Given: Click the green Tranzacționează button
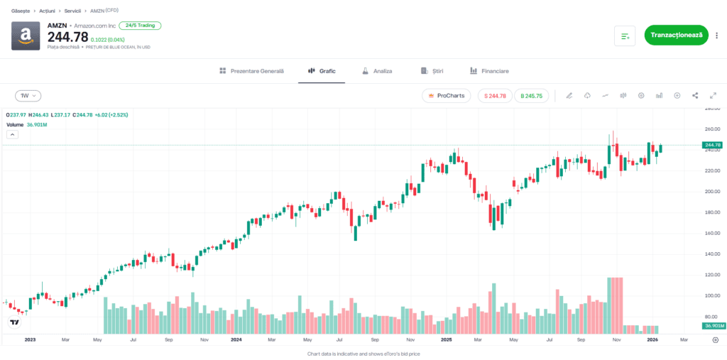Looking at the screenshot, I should click(676, 35).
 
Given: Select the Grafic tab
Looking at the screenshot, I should click(322, 71).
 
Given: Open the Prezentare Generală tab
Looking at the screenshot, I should click(251, 71).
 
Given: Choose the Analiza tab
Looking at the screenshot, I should click(376, 71).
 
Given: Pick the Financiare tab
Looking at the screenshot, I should click(489, 71).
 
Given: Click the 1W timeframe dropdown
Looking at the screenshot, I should click(28, 95).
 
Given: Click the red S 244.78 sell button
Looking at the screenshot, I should click(496, 95).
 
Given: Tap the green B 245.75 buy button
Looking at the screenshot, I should click(531, 95).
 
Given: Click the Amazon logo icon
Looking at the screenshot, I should click(26, 36).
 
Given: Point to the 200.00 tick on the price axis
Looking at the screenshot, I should click(711, 192).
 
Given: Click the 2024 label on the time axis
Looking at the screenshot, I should click(236, 340).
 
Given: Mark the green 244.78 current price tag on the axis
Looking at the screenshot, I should click(711, 145).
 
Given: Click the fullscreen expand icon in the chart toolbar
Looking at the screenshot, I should click(713, 95).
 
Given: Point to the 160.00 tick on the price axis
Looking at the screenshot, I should click(711, 233).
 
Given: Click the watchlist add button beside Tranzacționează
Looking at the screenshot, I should click(625, 35).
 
